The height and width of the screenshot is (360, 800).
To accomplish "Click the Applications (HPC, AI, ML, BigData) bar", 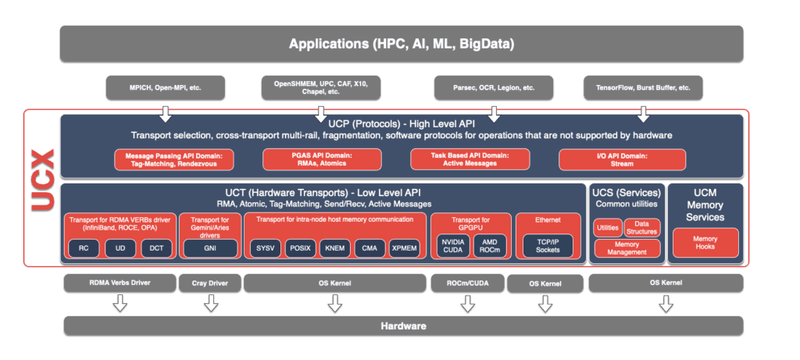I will (402, 44).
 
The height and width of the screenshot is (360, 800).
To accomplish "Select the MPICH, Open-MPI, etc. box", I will (166, 87).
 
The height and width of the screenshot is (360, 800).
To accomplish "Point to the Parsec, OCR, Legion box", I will (494, 87).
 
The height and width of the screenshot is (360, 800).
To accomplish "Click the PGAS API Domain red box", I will (321, 159).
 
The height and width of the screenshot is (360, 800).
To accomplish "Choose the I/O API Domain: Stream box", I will (622, 159).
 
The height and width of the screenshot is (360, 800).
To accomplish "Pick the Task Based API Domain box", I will (472, 159).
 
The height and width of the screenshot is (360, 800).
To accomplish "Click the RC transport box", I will (84, 248).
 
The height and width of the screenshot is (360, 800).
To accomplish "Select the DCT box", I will (157, 248).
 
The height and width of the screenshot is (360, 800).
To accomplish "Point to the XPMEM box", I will (405, 248).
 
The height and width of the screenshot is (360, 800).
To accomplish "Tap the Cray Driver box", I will (210, 283).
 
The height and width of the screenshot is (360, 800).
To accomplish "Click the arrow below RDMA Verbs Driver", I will (120, 303).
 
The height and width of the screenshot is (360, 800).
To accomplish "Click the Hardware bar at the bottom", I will (402, 325).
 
